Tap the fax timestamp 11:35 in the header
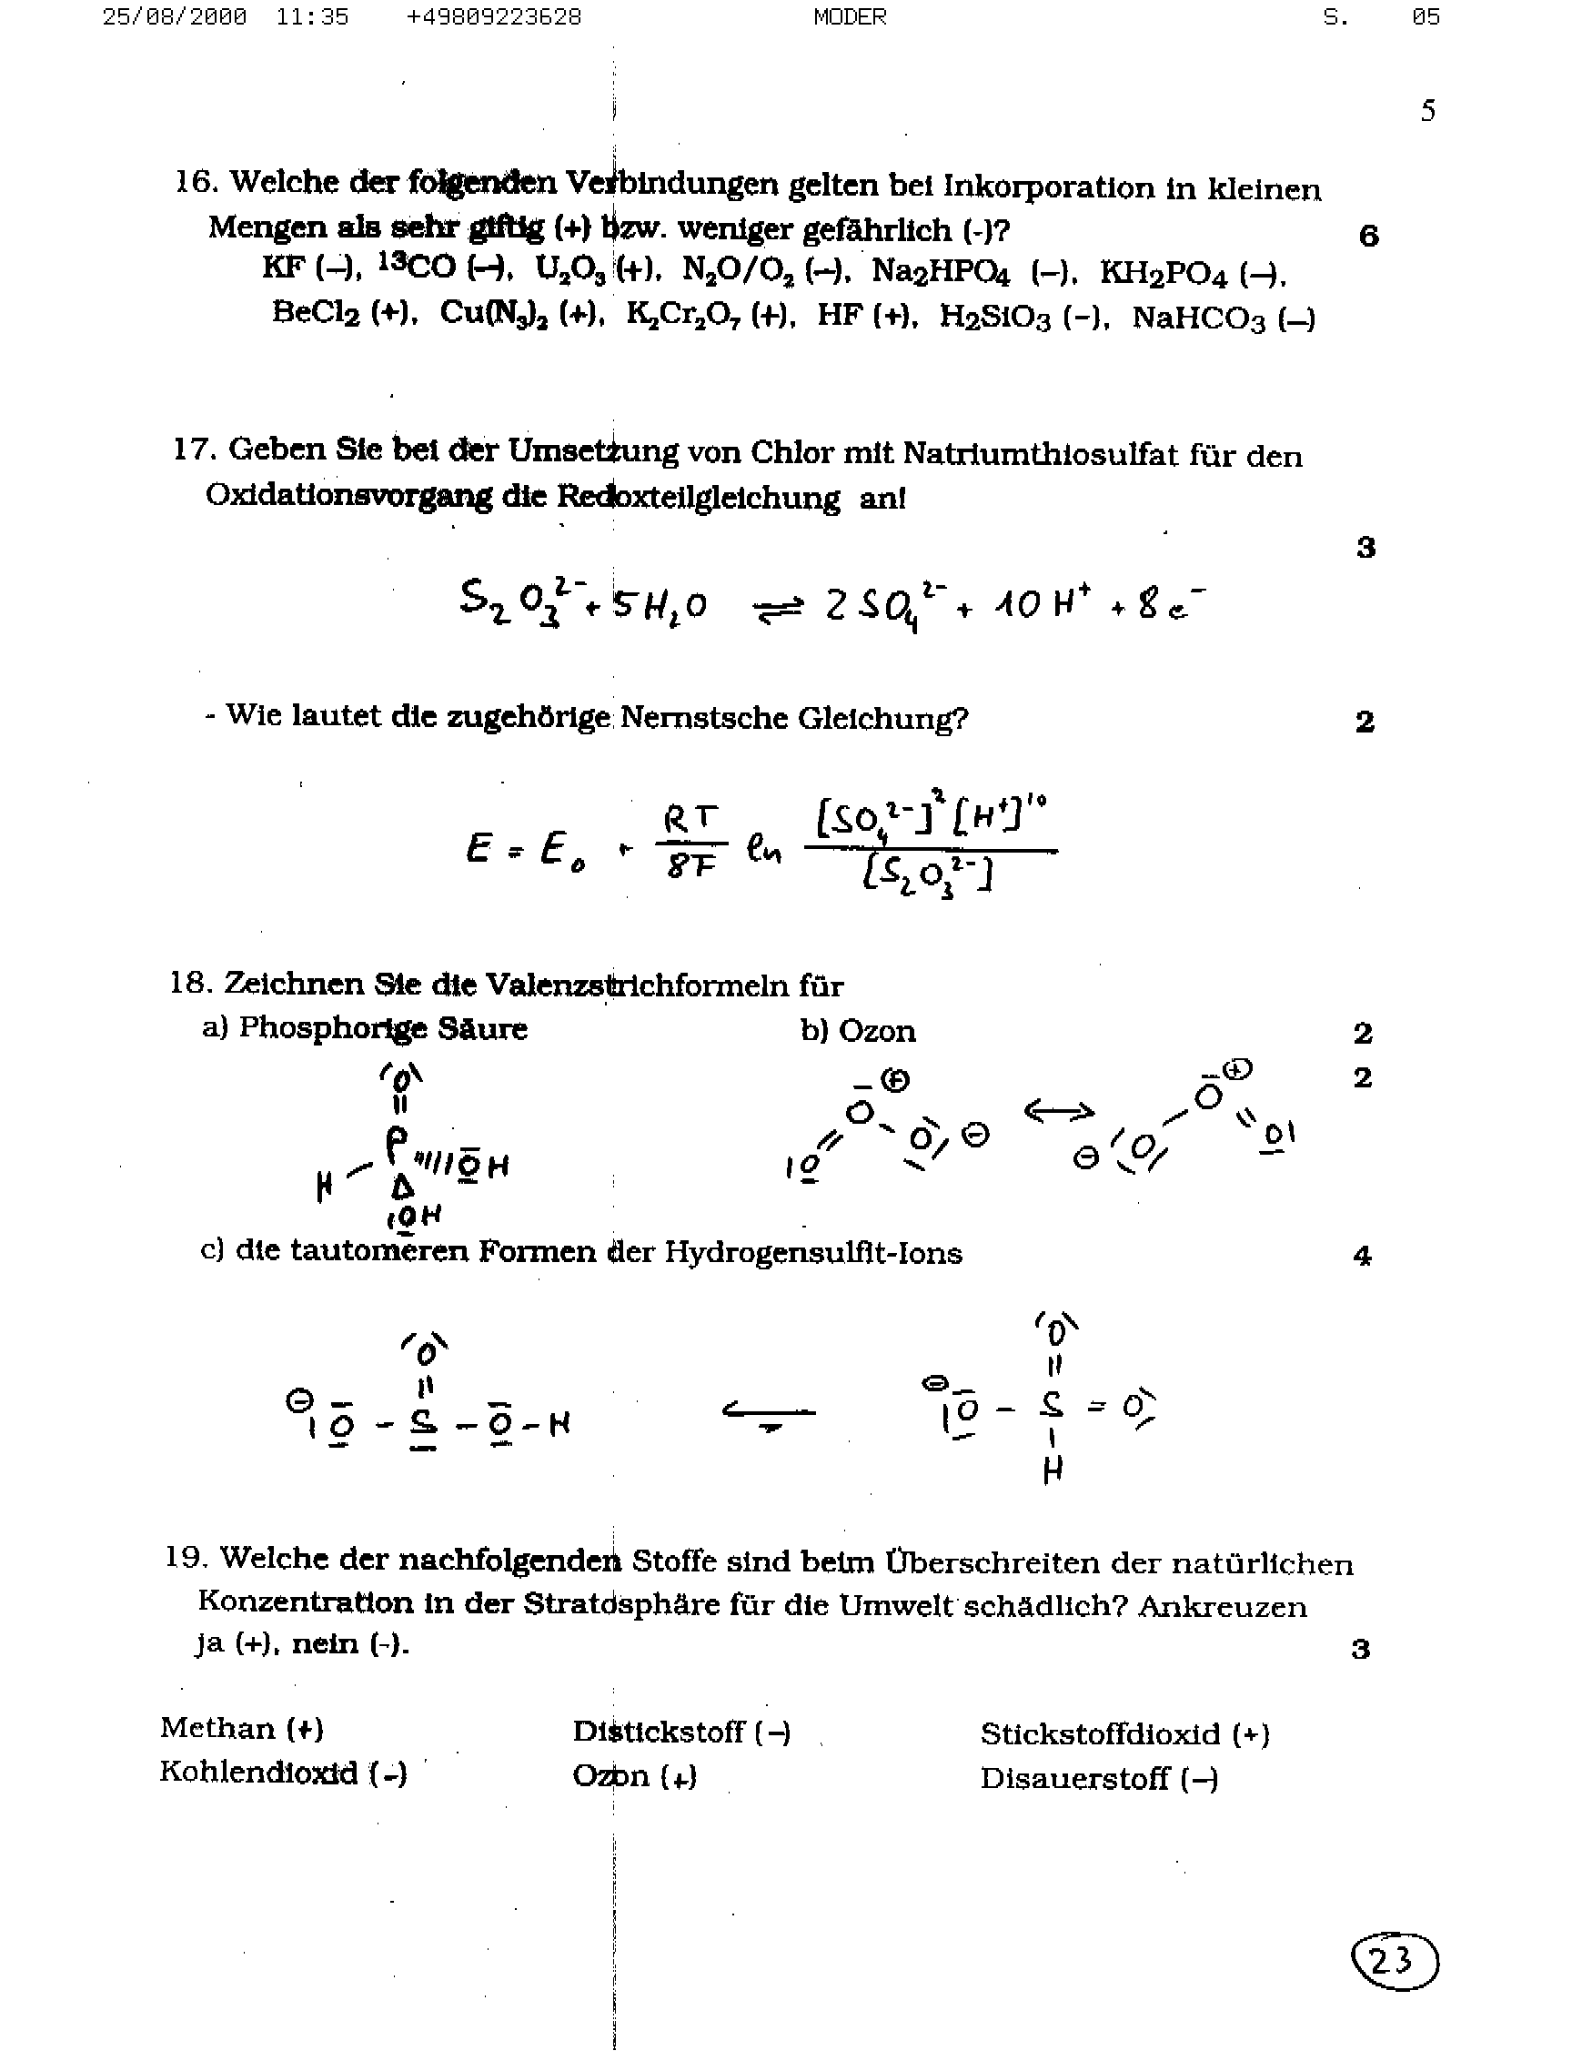[313, 17]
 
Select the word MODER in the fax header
[850, 17]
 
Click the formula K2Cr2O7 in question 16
[684, 316]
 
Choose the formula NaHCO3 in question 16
[1199, 319]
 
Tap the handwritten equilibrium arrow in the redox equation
[778, 609]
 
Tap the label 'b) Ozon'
[857, 1031]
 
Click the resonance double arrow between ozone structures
[1058, 1112]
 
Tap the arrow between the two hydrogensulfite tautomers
[768, 1412]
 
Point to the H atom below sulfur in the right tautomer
[1053, 1470]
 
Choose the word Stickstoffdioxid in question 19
[1101, 1733]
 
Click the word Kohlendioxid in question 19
[258, 1773]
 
